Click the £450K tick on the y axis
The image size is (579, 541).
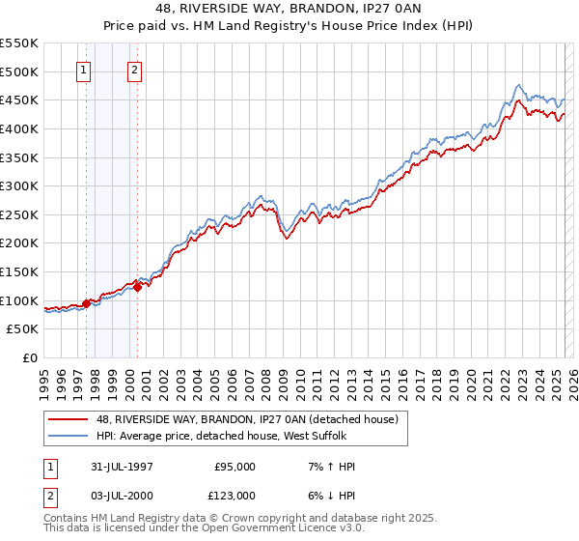19,100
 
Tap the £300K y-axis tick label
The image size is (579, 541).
19,185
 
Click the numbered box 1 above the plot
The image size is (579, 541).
84,70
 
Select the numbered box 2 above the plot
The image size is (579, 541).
134,70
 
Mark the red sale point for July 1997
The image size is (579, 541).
87,303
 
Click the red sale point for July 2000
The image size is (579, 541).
137,287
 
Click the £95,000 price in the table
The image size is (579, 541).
234,467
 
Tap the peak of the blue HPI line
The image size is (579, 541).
519,85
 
